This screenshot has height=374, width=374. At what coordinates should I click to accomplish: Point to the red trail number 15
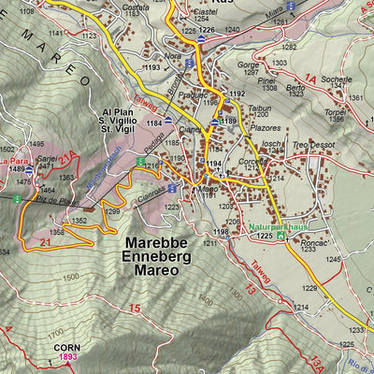135,309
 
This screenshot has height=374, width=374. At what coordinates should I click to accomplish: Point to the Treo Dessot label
311,145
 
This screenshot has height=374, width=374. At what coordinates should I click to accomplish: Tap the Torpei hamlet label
335,110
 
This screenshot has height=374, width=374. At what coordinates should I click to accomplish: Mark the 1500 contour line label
70,278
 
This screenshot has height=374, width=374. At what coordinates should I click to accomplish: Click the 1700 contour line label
57,331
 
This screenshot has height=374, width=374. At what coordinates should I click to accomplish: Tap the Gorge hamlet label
247,65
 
